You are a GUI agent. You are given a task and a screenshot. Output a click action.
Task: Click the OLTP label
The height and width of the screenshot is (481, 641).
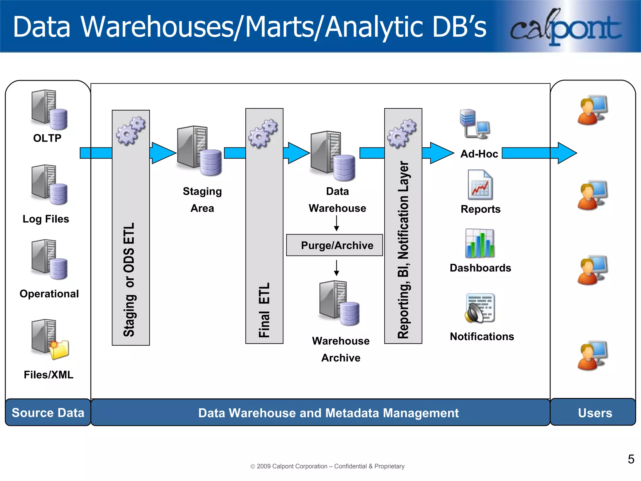pyautogui.click(x=47, y=138)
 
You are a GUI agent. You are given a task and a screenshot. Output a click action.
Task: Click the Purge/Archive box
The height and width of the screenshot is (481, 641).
pyautogui.click(x=334, y=245)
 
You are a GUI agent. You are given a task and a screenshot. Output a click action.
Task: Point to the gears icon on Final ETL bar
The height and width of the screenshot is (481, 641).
pyautogui.click(x=263, y=133)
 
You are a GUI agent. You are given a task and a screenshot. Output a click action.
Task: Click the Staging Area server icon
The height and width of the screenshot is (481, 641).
pyautogui.click(x=199, y=151)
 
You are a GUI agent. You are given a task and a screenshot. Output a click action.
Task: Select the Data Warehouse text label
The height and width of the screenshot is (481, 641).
pyautogui.click(x=337, y=199)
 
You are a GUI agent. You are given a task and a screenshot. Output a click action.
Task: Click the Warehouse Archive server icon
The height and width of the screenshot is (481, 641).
pyautogui.click(x=339, y=303)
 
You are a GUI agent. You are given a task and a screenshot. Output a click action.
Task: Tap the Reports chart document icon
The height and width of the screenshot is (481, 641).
pyautogui.click(x=480, y=185)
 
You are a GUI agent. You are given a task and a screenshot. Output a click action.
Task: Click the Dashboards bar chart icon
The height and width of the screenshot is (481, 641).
pyautogui.click(x=479, y=244)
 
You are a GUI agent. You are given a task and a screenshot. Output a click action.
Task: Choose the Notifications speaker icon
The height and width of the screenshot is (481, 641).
pyautogui.click(x=479, y=308)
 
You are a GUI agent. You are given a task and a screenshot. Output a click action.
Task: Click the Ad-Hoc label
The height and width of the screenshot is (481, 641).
pyautogui.click(x=479, y=154)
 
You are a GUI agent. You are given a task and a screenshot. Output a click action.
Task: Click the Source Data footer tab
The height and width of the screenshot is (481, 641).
pyautogui.click(x=48, y=412)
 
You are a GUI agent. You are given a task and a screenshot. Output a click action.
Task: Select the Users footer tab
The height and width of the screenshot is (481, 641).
pyautogui.click(x=594, y=412)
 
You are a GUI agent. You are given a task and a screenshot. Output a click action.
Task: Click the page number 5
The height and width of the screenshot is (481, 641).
pyautogui.click(x=631, y=459)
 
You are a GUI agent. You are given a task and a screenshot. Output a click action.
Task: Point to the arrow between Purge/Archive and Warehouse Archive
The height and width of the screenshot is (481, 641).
pyautogui.click(x=336, y=267)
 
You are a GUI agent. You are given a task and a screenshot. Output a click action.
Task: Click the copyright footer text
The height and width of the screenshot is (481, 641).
pyautogui.click(x=327, y=466)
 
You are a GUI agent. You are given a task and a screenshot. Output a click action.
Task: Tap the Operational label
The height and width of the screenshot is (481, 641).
pyautogui.click(x=49, y=294)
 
